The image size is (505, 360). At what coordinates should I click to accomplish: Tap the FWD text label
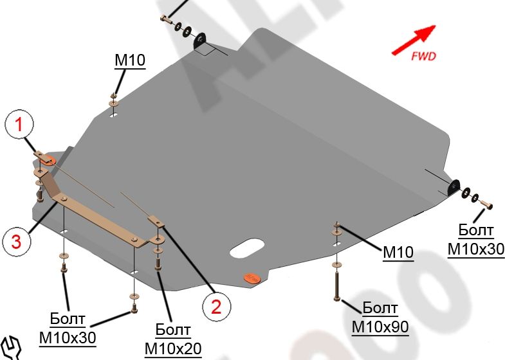[423, 56]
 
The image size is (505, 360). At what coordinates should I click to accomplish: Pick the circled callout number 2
[216, 305]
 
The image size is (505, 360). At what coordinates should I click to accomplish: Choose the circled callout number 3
[15, 241]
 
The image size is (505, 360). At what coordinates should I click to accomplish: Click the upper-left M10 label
[130, 61]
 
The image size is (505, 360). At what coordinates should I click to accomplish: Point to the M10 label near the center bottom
[398, 253]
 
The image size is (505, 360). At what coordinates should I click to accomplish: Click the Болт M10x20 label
[173, 340]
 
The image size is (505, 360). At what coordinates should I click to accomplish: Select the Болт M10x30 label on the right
[476, 240]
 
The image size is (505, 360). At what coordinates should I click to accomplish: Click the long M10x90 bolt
[336, 283]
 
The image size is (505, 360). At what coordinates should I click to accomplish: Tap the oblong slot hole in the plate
[247, 248]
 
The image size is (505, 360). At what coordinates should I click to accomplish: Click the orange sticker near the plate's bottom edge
[250, 278]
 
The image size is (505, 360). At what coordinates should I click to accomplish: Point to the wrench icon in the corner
[11, 348]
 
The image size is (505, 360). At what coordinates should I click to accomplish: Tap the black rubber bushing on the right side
[454, 187]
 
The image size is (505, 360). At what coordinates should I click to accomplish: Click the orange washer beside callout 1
[49, 158]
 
